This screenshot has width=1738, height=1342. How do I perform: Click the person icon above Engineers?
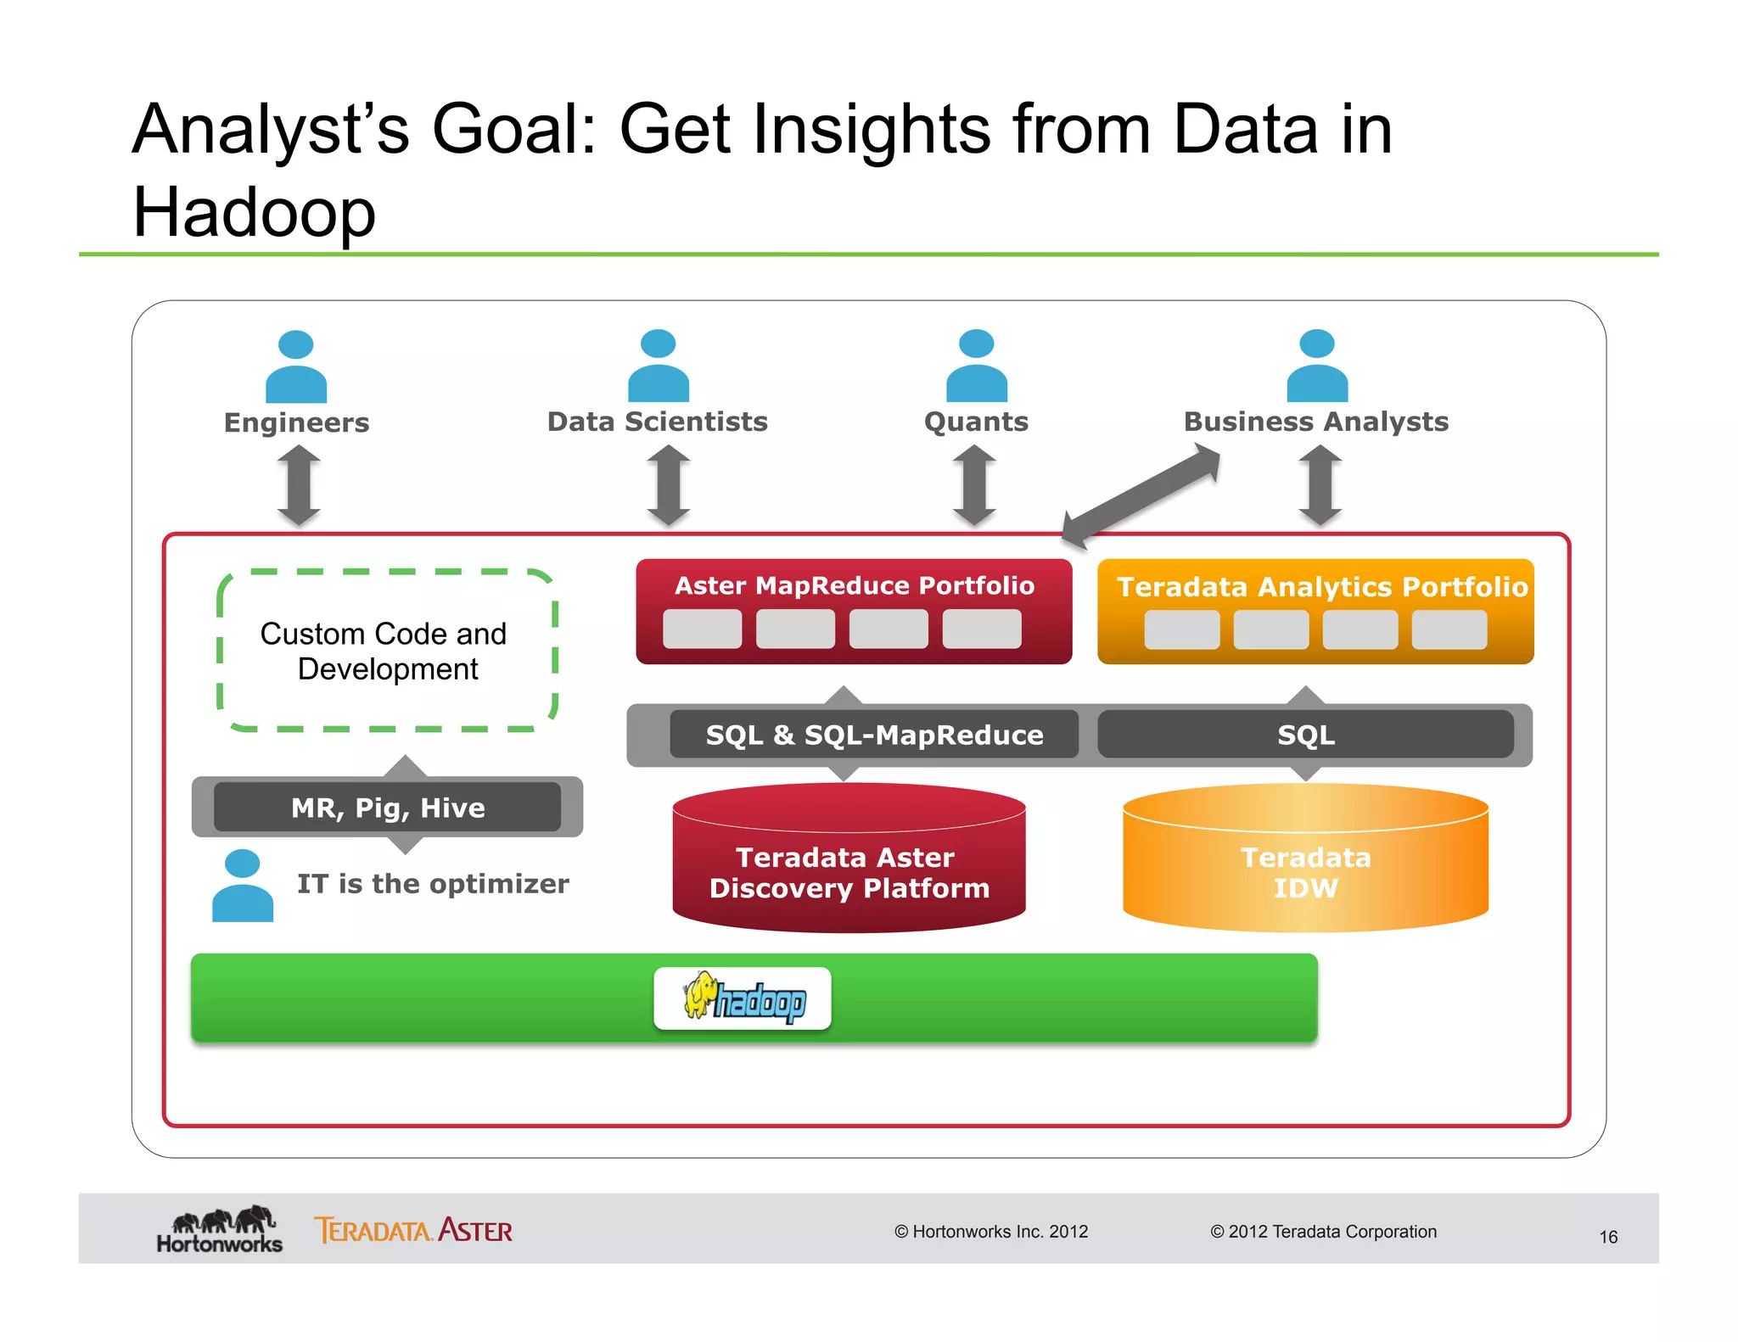tap(295, 366)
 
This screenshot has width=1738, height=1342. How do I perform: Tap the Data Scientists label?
tap(657, 422)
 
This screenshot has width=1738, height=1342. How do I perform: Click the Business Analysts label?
tap(1315, 422)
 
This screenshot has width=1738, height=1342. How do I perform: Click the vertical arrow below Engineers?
tap(299, 485)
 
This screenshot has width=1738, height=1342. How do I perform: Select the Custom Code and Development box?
tap(387, 651)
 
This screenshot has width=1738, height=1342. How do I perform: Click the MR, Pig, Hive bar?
tap(388, 808)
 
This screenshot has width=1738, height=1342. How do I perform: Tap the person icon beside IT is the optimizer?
tap(243, 886)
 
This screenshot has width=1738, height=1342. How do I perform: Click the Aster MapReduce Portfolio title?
tap(854, 585)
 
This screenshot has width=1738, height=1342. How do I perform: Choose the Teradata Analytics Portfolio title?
tap(1321, 587)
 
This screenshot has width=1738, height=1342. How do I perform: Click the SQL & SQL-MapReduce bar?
tap(874, 735)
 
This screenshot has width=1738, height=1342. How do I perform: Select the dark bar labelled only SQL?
tap(1305, 735)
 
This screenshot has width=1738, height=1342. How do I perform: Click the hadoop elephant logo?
tap(743, 998)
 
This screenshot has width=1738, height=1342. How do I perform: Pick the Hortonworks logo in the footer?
tap(220, 1230)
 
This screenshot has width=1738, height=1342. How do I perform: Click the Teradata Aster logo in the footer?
tap(413, 1230)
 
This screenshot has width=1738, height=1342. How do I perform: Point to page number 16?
tap(1607, 1237)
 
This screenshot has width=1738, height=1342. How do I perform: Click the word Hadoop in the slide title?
tap(254, 212)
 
